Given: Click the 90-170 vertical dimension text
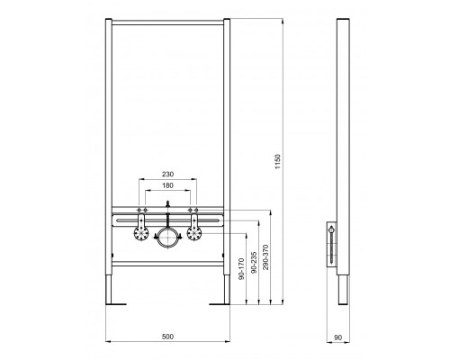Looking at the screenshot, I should coord(241,270).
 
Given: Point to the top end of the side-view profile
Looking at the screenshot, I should coord(343,21).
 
